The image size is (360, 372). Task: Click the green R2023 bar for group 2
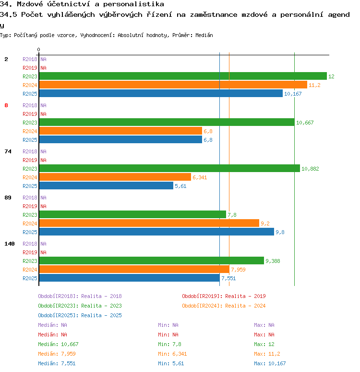[x=183, y=76]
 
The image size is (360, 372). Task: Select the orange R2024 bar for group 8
[x=120, y=131]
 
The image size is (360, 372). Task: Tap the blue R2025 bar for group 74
[x=106, y=186]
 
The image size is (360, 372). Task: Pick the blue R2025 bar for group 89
[x=156, y=232]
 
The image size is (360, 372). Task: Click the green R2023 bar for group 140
[x=152, y=260]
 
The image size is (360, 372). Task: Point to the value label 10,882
[x=310, y=169]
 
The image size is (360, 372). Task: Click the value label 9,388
[x=273, y=261]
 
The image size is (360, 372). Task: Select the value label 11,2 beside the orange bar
[x=314, y=85]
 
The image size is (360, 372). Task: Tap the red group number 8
[x=6, y=105]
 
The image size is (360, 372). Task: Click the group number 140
[x=10, y=244]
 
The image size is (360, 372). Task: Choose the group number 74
[x=8, y=151]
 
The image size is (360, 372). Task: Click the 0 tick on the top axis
[x=38, y=50]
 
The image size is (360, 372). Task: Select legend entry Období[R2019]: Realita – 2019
[x=224, y=296]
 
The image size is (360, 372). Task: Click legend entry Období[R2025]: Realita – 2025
[x=80, y=315]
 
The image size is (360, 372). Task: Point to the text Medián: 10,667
[x=58, y=344]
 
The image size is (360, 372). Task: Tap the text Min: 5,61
[x=171, y=363]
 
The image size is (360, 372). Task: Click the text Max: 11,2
[x=267, y=354]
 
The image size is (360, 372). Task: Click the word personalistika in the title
[x=133, y=4]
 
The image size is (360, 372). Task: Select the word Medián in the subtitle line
[x=204, y=35]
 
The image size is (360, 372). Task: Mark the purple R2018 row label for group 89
[x=30, y=198]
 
